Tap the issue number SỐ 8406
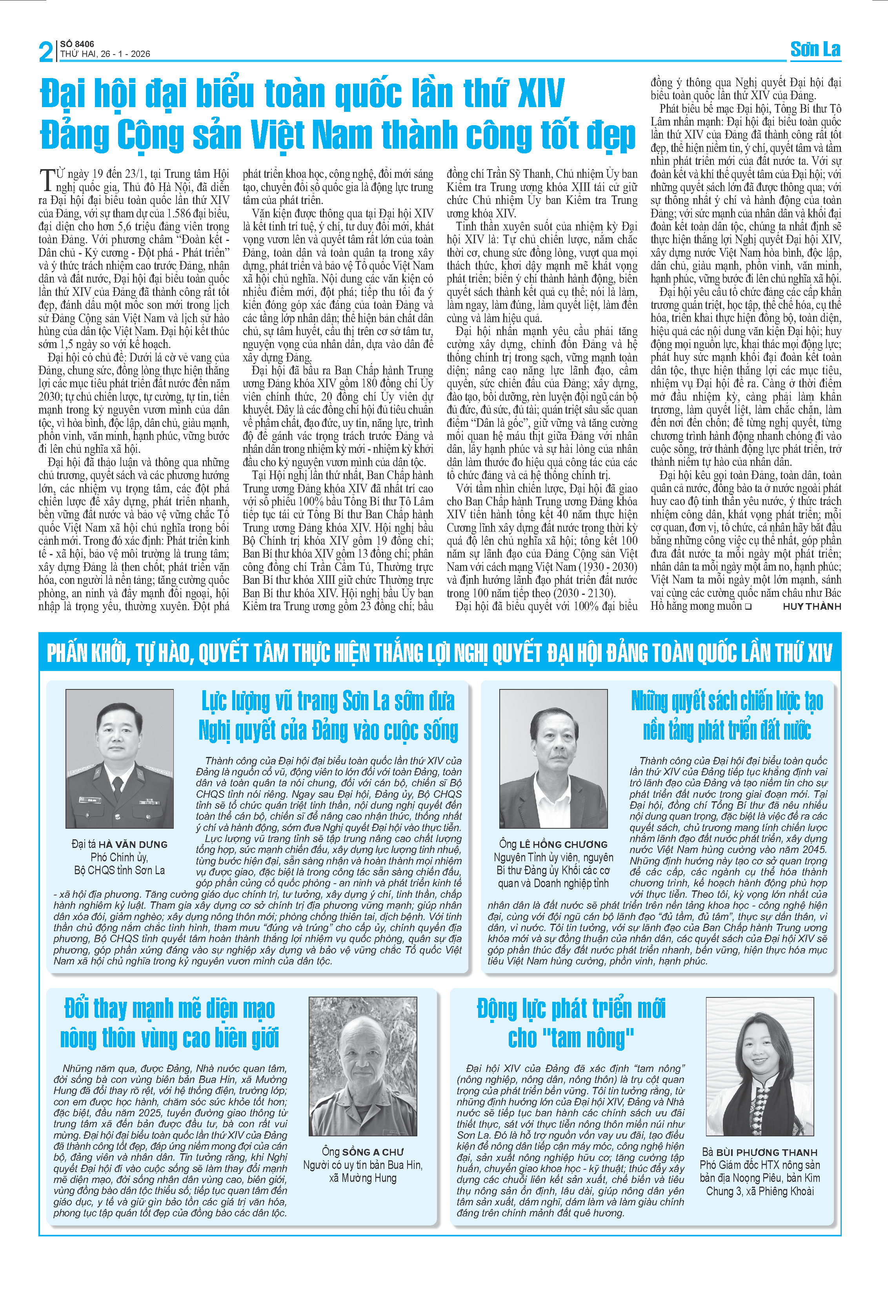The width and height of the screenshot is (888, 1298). [77, 44]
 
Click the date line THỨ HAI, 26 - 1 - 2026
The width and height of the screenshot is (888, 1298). [105, 54]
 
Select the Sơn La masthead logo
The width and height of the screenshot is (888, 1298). [815, 50]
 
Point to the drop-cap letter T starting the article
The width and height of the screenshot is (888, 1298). [47, 179]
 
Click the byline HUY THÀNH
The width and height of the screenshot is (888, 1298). [812, 607]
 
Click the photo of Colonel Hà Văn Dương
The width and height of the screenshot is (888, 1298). [120, 758]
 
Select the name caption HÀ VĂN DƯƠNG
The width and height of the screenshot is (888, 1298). [133, 844]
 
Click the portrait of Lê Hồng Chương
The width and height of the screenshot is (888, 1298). [553, 758]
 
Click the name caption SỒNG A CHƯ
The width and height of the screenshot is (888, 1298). [372, 1152]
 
